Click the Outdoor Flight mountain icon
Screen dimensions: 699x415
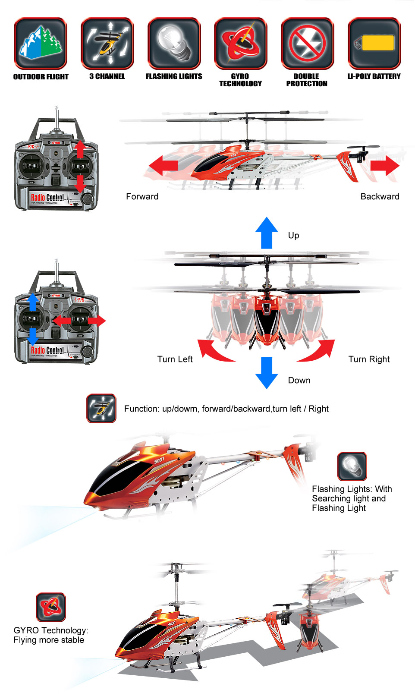point(41,43)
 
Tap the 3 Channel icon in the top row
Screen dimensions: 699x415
point(107,43)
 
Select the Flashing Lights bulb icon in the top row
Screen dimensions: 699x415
point(174,43)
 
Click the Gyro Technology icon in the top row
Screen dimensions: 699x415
point(241,43)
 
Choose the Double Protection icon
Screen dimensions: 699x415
point(307,43)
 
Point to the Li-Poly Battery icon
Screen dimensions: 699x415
point(374,43)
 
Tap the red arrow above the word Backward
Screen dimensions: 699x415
point(385,166)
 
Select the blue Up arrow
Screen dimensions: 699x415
point(267,233)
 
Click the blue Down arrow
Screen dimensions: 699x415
point(267,372)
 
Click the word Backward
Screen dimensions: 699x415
point(380,197)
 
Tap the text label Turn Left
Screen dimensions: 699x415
point(175,359)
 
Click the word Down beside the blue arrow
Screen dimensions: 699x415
point(299,381)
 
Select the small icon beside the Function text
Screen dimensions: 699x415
point(101,408)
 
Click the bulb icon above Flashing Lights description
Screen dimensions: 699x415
point(352,466)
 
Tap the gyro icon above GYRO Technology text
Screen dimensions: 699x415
point(51,607)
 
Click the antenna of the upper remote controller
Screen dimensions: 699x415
point(57,119)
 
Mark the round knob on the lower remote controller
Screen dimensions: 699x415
point(88,351)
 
